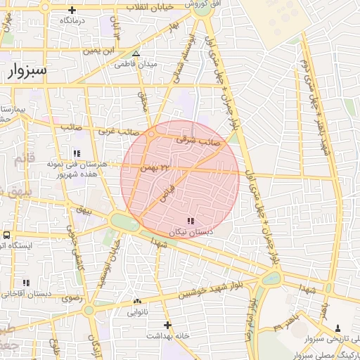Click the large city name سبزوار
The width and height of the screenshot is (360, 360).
point(29,70)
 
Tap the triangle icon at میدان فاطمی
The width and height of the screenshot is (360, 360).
point(136,53)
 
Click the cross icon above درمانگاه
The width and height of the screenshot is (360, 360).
point(73,10)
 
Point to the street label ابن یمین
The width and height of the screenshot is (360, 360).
point(100,51)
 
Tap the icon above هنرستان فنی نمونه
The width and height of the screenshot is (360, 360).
point(76,153)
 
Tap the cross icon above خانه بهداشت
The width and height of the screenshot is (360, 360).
point(167,325)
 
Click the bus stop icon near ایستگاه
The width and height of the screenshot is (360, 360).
point(6,236)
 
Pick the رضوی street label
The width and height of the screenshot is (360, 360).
point(72,298)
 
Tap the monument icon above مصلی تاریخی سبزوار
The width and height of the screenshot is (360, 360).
point(338,328)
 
